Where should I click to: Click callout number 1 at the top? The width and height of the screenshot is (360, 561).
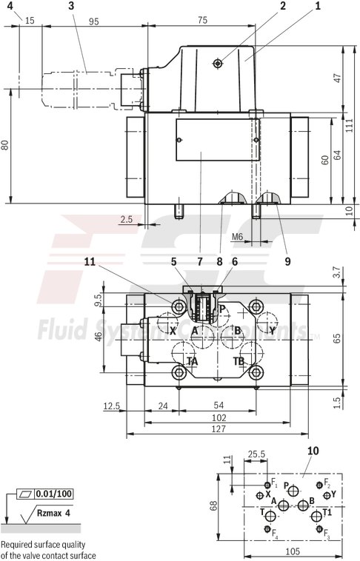click(x=318, y=6)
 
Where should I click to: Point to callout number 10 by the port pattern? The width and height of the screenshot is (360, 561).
click(x=312, y=449)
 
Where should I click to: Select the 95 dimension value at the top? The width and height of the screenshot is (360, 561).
click(x=93, y=21)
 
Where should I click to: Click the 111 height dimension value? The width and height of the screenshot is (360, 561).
click(x=348, y=126)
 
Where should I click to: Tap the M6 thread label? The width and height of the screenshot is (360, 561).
click(x=237, y=236)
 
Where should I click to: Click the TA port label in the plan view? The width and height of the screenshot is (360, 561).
click(x=192, y=361)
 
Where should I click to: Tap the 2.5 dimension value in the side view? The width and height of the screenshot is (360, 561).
click(x=126, y=218)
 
